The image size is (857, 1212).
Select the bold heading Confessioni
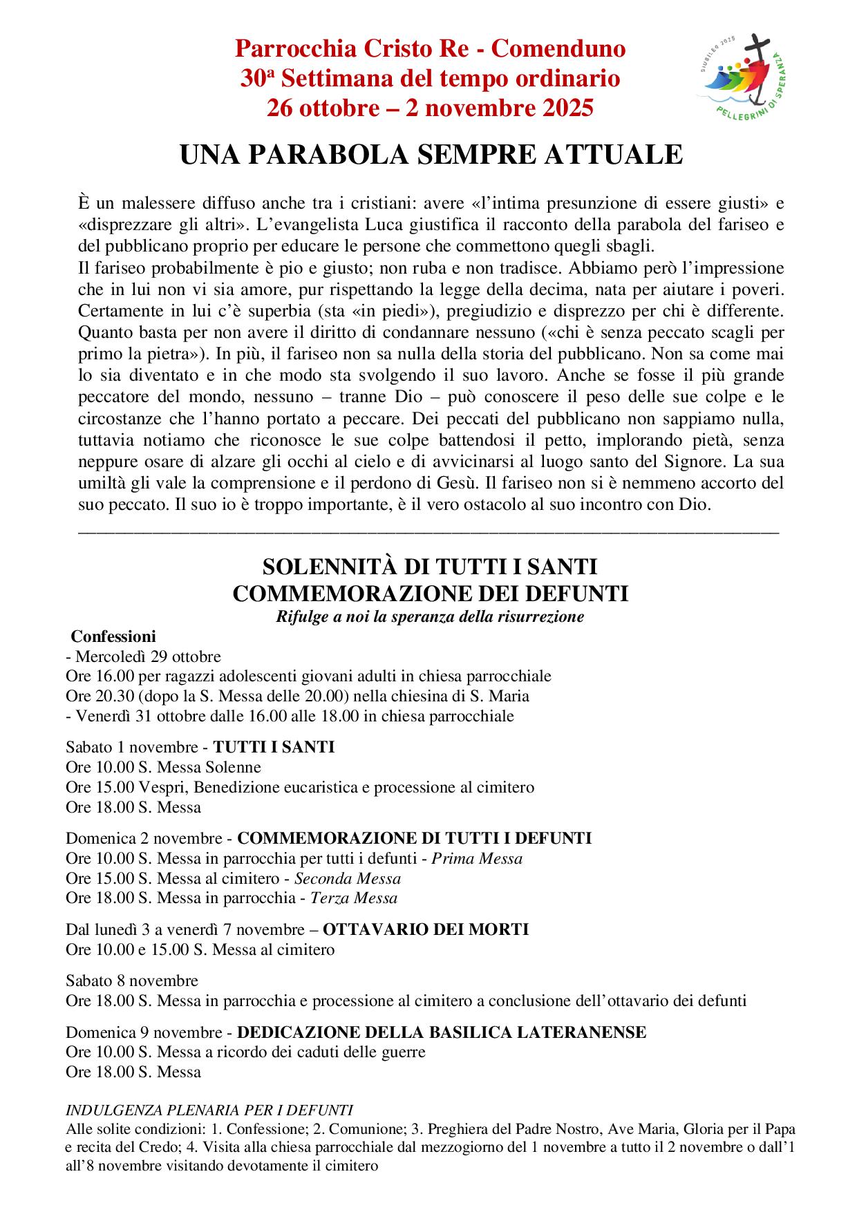(114, 636)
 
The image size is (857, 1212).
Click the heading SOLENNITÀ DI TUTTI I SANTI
(430, 567)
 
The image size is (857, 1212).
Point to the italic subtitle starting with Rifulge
(430, 616)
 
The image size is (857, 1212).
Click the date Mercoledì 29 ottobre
(148, 656)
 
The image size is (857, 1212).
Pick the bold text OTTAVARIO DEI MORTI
(426, 929)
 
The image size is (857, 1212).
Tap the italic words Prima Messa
(477, 859)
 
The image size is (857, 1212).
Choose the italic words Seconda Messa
(348, 879)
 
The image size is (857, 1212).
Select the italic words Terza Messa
(354, 898)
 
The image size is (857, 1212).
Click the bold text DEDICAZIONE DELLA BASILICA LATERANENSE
(442, 1032)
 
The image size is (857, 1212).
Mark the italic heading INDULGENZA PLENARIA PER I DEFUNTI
(209, 1110)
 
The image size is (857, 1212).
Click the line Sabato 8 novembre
(132, 981)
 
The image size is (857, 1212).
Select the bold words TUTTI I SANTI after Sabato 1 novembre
(274, 747)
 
